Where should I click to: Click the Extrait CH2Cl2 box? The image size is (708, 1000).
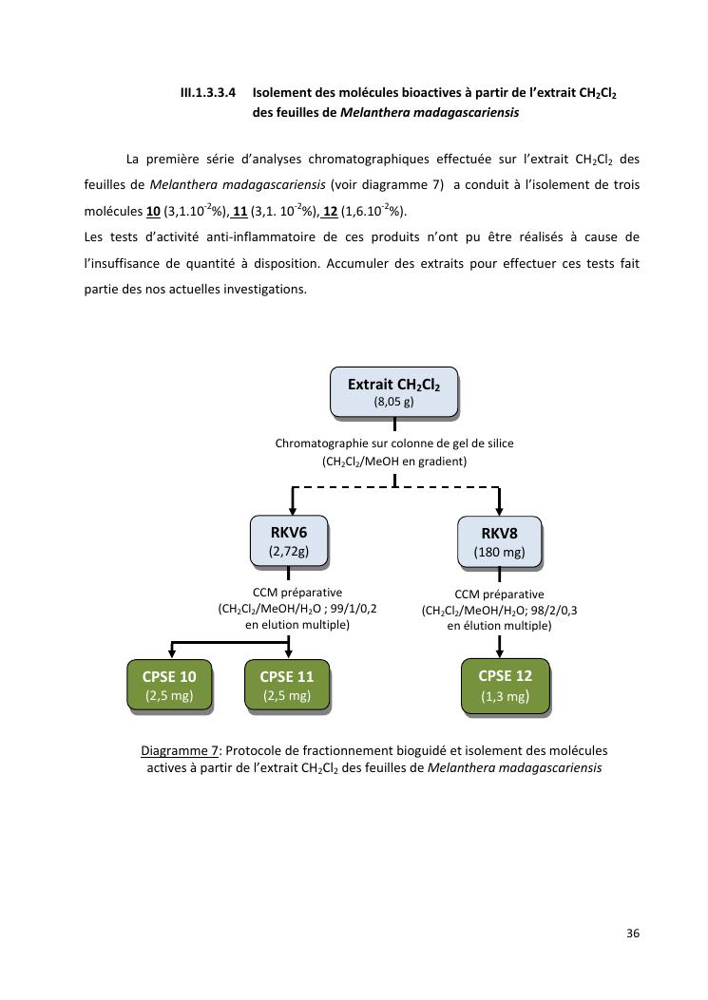tap(393, 392)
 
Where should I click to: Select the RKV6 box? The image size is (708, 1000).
tap(288, 540)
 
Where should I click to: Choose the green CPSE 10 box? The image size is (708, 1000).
tap(169, 686)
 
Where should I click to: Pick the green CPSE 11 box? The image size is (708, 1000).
tap(287, 686)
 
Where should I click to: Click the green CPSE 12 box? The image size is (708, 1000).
tap(505, 685)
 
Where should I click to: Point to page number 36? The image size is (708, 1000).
tap(633, 934)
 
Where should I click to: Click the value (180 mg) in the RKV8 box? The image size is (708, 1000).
tap(499, 552)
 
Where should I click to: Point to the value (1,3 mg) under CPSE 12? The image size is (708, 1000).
tap(505, 696)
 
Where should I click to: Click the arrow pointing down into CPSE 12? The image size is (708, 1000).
tap(500, 649)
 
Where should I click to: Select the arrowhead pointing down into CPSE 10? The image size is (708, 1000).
tap(171, 652)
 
